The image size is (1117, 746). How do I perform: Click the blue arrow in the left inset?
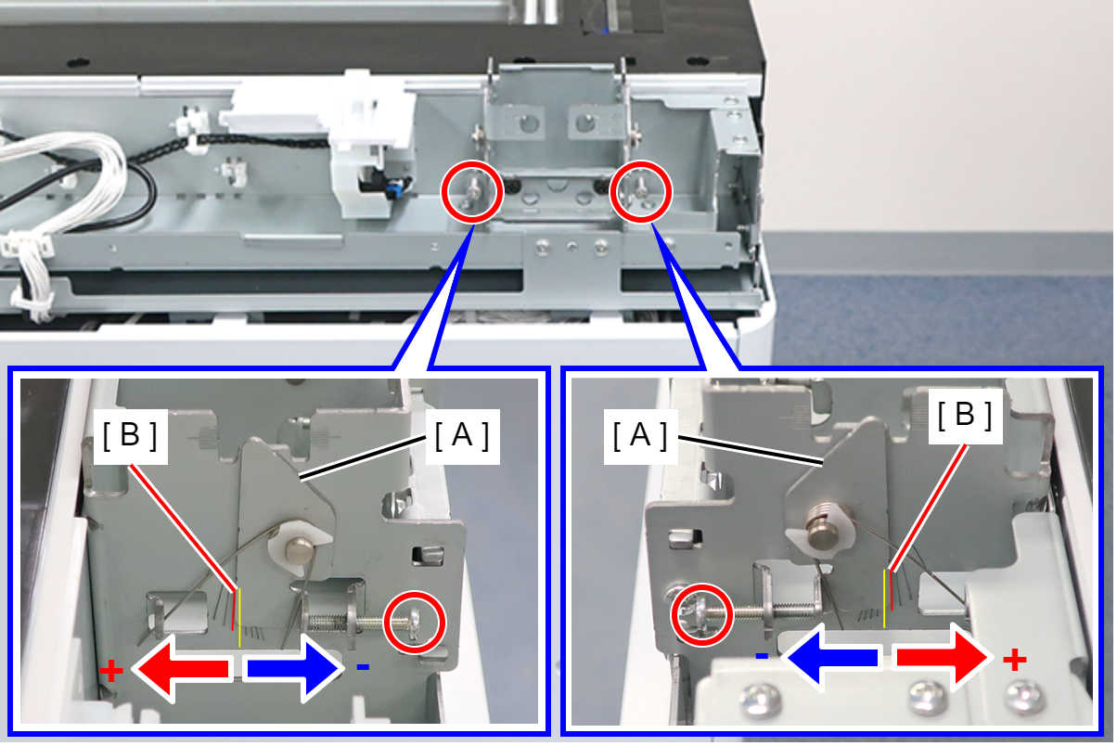pos(295,668)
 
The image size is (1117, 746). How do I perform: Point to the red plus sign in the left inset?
pos(111,670)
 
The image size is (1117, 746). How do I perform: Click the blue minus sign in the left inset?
pos(363,667)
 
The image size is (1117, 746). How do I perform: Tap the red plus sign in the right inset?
pos(1015,661)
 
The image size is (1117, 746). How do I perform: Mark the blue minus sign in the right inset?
pos(762,656)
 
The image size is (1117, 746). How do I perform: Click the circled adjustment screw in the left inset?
pos(415,623)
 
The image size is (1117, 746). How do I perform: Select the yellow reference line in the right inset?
pos(884,598)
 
